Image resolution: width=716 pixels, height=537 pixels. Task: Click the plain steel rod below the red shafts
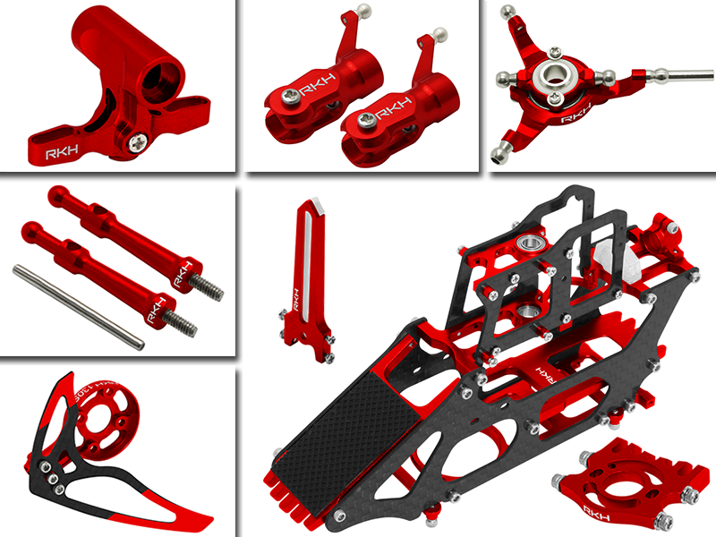click(x=78, y=305)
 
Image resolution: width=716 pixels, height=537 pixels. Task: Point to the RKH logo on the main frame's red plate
click(x=541, y=369)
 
